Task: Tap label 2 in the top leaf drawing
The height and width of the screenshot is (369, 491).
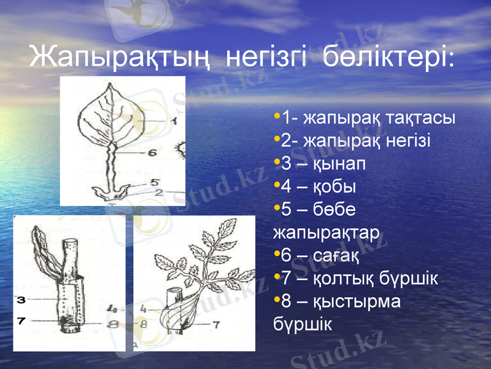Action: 158,192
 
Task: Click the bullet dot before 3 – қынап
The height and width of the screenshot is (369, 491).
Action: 277,162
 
